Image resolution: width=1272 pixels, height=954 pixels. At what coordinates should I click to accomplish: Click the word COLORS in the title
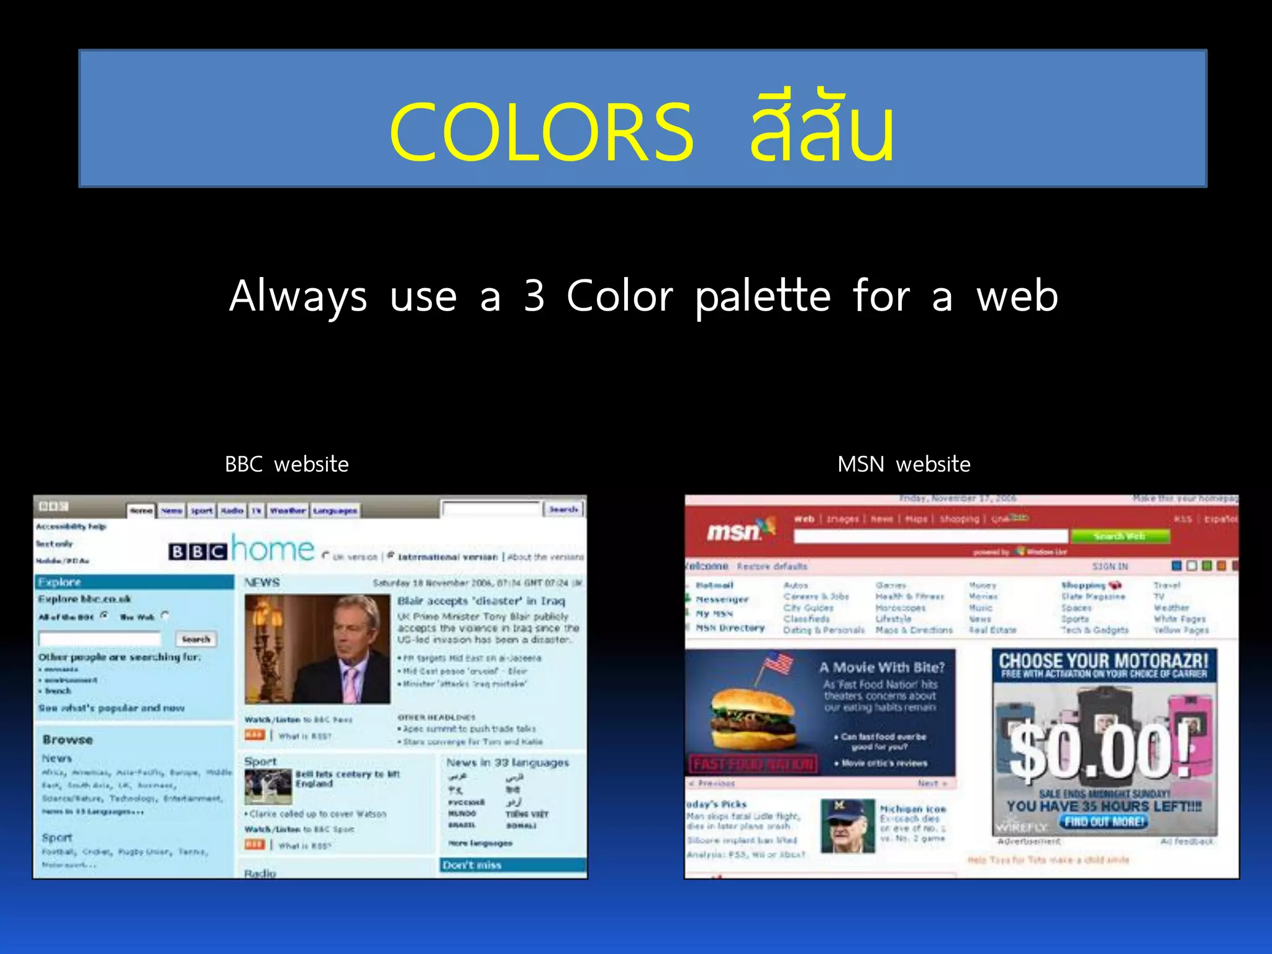[x=540, y=132]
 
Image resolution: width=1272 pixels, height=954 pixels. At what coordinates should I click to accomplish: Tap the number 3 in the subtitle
[x=534, y=296]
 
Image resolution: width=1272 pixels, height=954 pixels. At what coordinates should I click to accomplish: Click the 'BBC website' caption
[x=286, y=464]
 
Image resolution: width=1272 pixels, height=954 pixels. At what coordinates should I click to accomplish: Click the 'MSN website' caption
[x=903, y=464]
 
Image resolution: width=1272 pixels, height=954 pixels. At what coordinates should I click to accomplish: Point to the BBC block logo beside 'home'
[x=197, y=551]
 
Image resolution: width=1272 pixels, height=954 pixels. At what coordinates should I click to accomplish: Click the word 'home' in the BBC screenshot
[x=273, y=548]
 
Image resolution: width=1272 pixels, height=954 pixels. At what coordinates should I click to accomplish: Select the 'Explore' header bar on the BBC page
[x=134, y=582]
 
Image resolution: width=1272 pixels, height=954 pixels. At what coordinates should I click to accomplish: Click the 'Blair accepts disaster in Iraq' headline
[x=481, y=601]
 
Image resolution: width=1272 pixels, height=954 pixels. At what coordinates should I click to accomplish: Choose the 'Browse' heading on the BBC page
[x=68, y=740]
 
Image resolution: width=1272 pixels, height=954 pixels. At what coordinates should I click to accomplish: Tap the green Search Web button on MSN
[x=1119, y=536]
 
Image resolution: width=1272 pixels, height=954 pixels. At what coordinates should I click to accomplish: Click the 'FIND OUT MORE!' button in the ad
[x=1104, y=822]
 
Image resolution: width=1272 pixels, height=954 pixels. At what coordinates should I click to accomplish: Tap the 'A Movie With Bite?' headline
[x=881, y=668]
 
